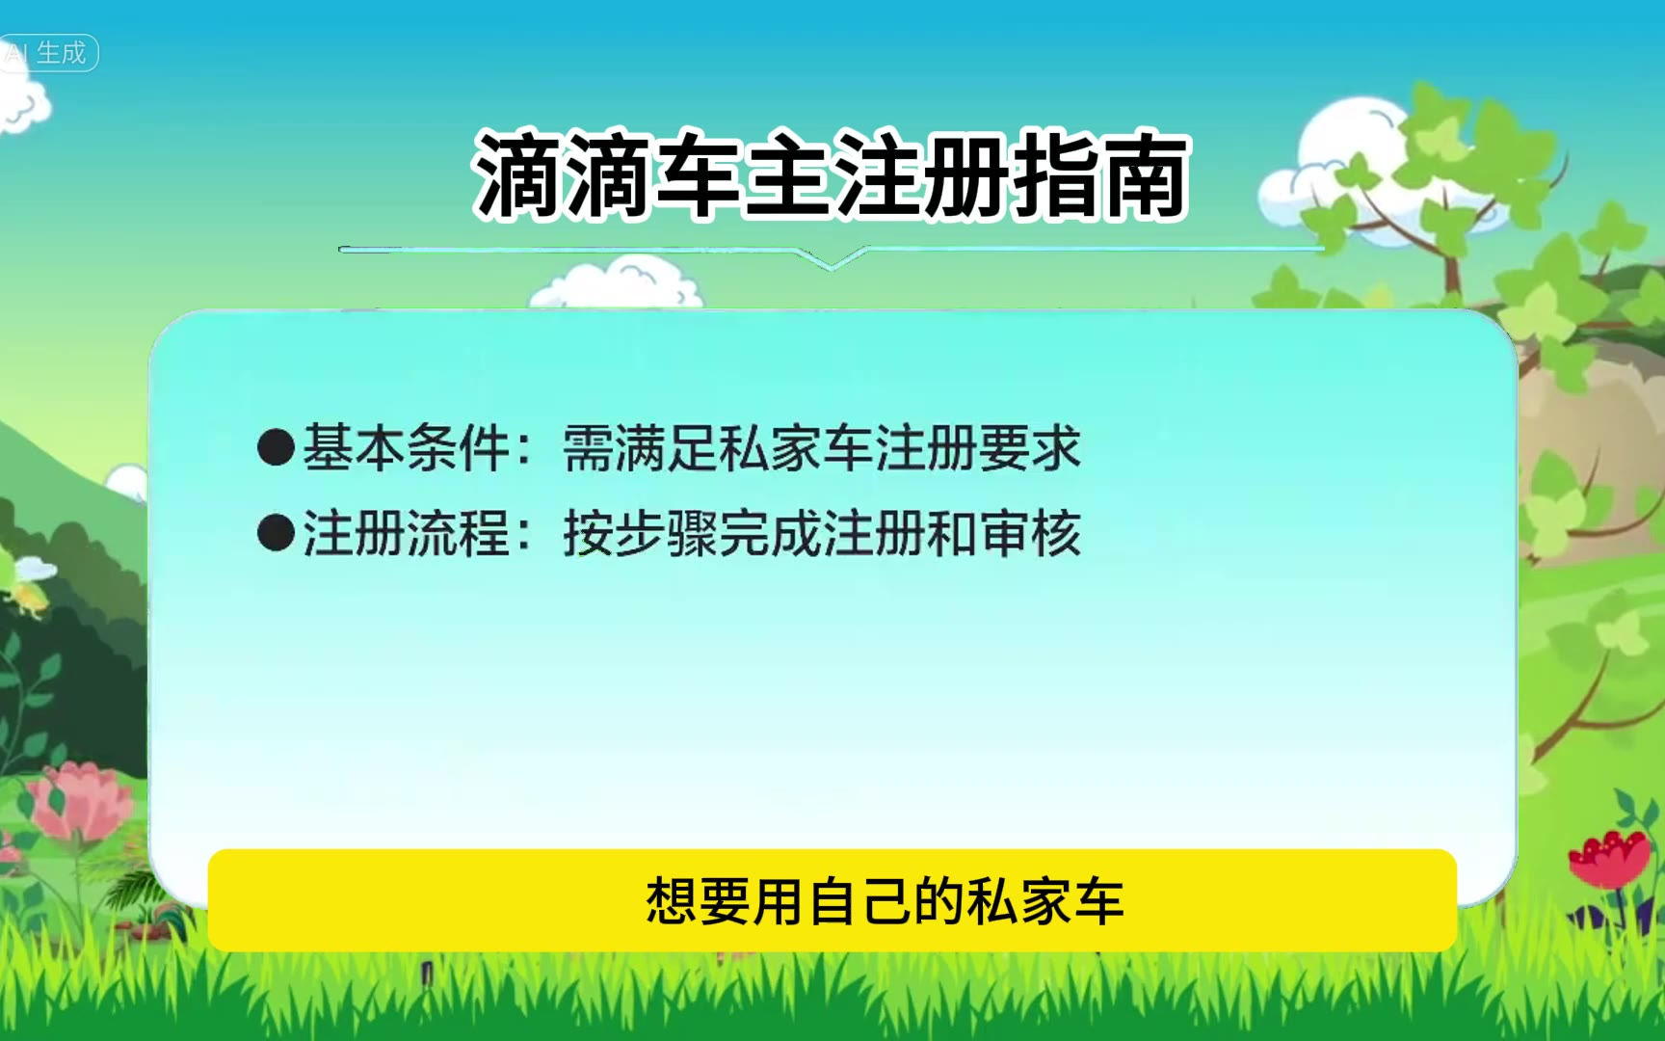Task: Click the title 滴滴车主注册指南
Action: tap(832, 174)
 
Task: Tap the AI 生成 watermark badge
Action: tap(48, 52)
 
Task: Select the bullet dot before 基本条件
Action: tap(276, 448)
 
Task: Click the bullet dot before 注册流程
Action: tap(276, 533)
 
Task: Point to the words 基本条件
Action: tap(406, 448)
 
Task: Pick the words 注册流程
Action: tap(406, 533)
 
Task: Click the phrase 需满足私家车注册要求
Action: tap(822, 448)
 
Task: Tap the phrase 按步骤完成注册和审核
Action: tap(822, 533)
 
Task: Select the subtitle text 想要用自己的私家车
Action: tap(885, 901)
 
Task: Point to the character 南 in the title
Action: tap(1147, 174)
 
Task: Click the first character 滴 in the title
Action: tap(517, 174)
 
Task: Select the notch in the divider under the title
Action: tap(832, 258)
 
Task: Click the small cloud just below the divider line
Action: tap(617, 283)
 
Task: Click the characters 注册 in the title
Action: tap(922, 174)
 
